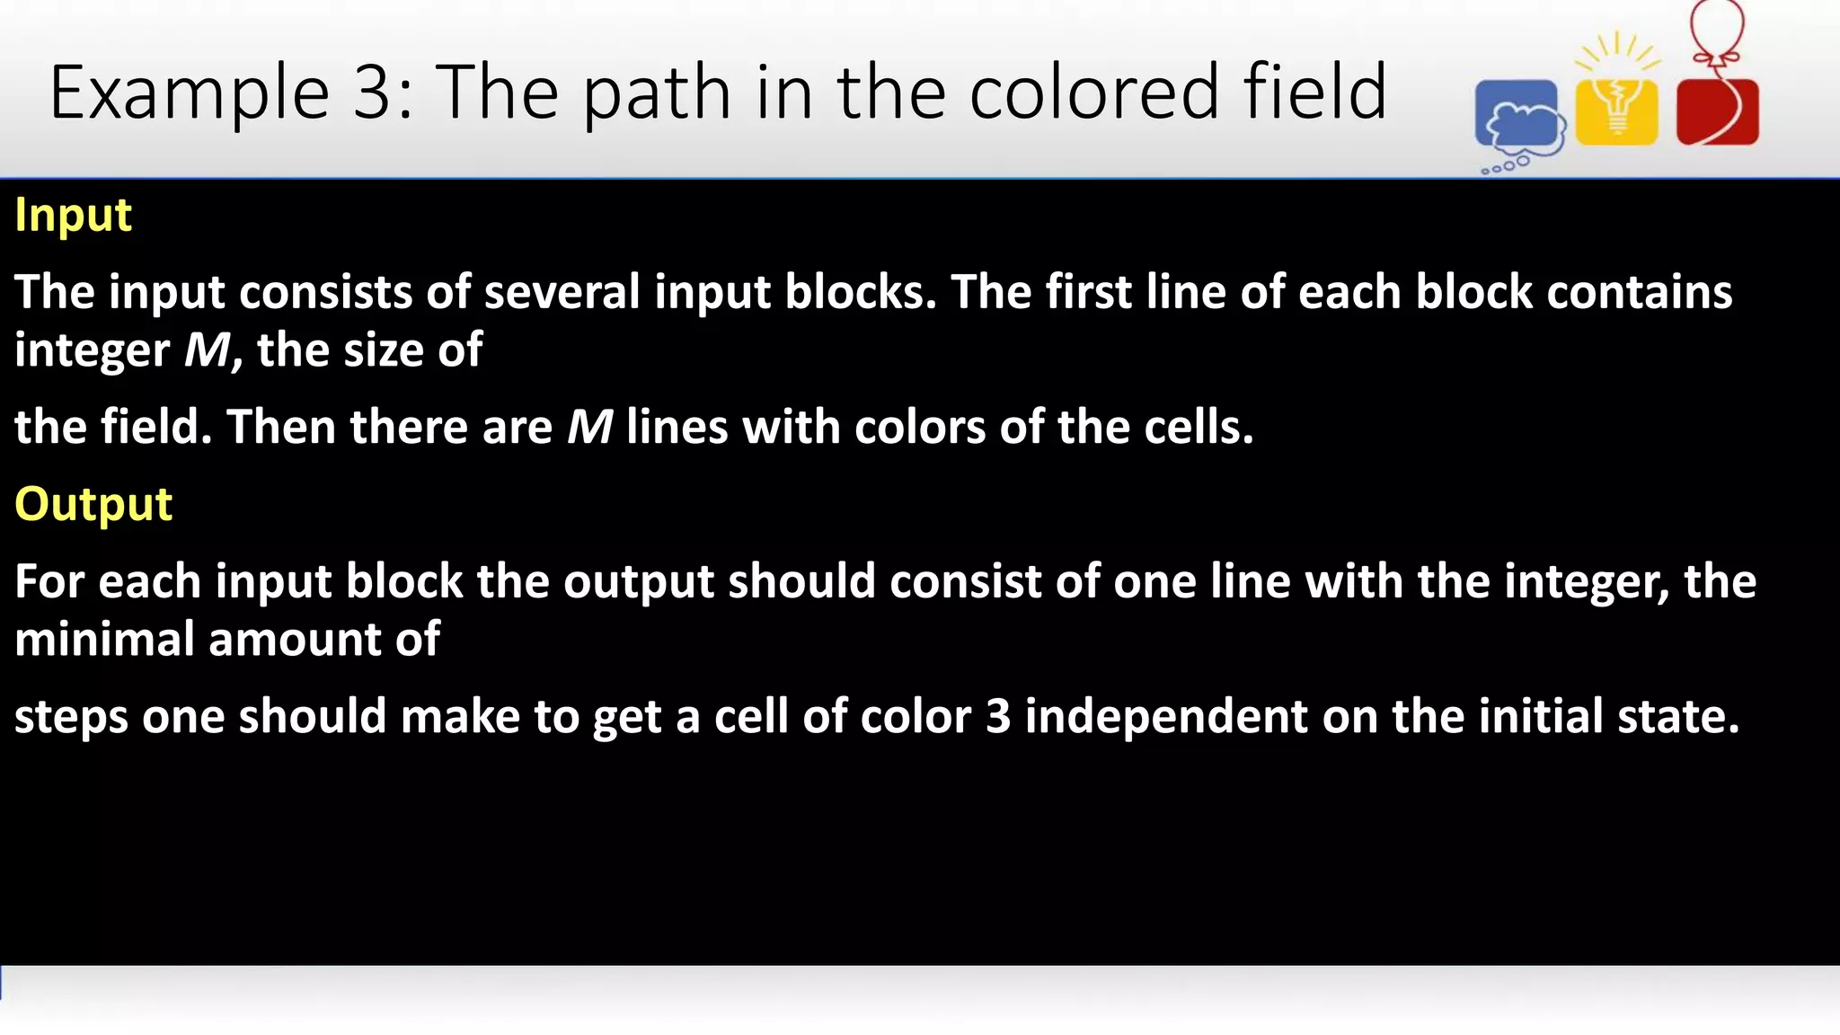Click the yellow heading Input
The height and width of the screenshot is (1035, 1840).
click(74, 216)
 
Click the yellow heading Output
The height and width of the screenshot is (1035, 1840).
click(93, 504)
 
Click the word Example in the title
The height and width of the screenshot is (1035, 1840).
click(190, 93)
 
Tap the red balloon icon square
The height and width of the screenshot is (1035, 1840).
click(1717, 112)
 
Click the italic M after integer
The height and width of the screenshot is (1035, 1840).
click(208, 350)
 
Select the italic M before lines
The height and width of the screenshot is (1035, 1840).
click(589, 427)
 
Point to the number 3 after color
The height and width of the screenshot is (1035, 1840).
click(997, 717)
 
